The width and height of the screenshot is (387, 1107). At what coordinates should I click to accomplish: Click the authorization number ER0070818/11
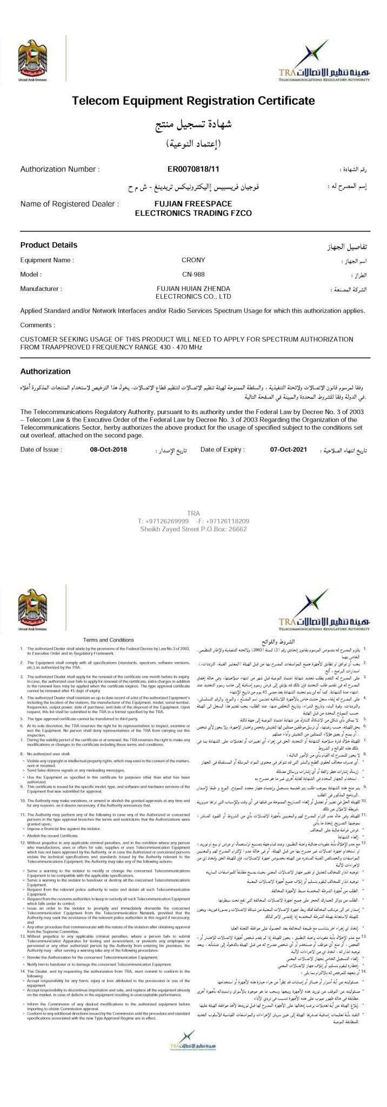(193, 169)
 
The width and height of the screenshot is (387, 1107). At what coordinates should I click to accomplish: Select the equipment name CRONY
(193, 260)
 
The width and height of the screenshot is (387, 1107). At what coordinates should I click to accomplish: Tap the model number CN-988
(193, 274)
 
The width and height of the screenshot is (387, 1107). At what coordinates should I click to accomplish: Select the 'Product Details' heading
(48, 245)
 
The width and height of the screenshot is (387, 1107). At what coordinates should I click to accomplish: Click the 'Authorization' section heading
(45, 371)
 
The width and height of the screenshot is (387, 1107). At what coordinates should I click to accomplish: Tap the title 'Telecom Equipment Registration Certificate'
(193, 101)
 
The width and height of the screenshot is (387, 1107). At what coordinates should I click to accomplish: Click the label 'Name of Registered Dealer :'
(70, 204)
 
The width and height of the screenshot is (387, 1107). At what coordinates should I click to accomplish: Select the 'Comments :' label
(37, 325)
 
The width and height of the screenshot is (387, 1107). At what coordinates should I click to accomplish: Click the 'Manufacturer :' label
(41, 289)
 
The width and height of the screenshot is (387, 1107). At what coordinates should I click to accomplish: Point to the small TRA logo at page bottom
(193, 1080)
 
